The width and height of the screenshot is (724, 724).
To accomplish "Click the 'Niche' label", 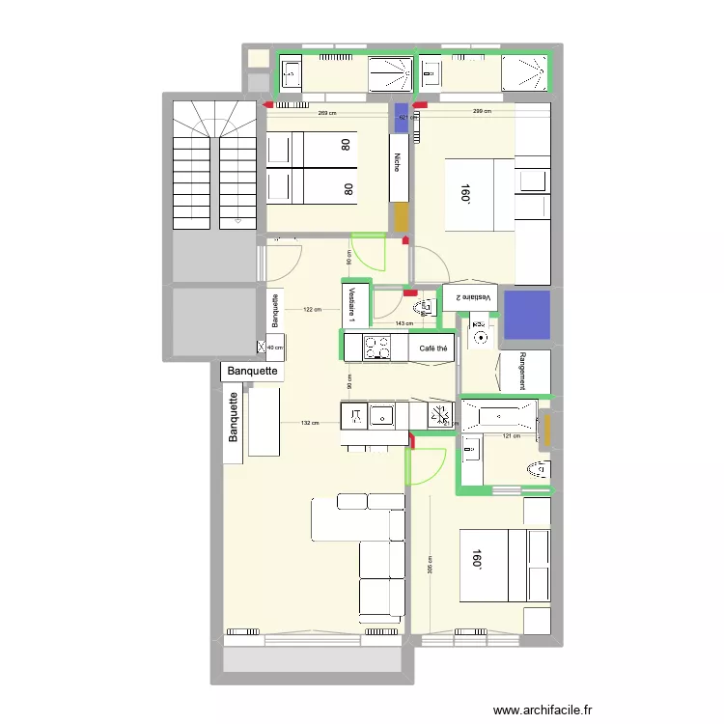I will [398, 165].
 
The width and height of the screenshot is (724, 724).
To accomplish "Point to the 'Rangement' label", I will [522, 371].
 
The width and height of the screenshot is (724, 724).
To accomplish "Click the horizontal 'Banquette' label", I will [252, 371].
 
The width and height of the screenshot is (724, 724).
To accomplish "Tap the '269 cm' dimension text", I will [327, 114].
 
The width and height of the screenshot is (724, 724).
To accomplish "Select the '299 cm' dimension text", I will [482, 113].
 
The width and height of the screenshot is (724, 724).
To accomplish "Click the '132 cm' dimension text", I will [309, 423].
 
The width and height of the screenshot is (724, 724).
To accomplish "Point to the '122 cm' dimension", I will [311, 310].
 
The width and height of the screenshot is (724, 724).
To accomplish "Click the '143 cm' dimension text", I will [404, 324].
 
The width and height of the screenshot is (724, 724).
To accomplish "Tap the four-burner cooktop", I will [376, 348].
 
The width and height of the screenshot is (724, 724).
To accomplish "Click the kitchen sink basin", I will [382, 416].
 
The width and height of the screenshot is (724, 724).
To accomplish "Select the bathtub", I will [496, 416].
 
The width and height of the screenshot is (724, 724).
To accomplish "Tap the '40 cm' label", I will [275, 348].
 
